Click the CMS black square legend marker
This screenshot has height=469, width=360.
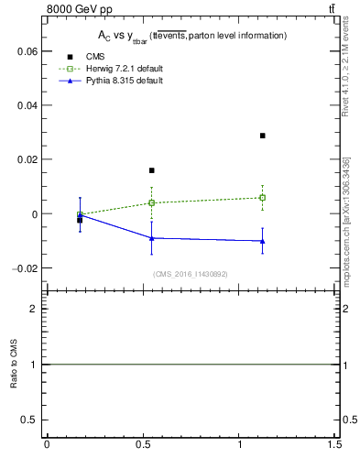(x=70, y=57)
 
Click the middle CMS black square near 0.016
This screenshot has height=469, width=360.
(x=152, y=170)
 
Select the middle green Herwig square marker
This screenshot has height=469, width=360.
(x=152, y=202)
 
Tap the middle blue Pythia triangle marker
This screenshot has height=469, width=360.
(x=152, y=238)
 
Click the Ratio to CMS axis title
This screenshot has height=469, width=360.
(x=14, y=365)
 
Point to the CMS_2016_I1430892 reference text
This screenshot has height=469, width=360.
(x=191, y=274)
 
